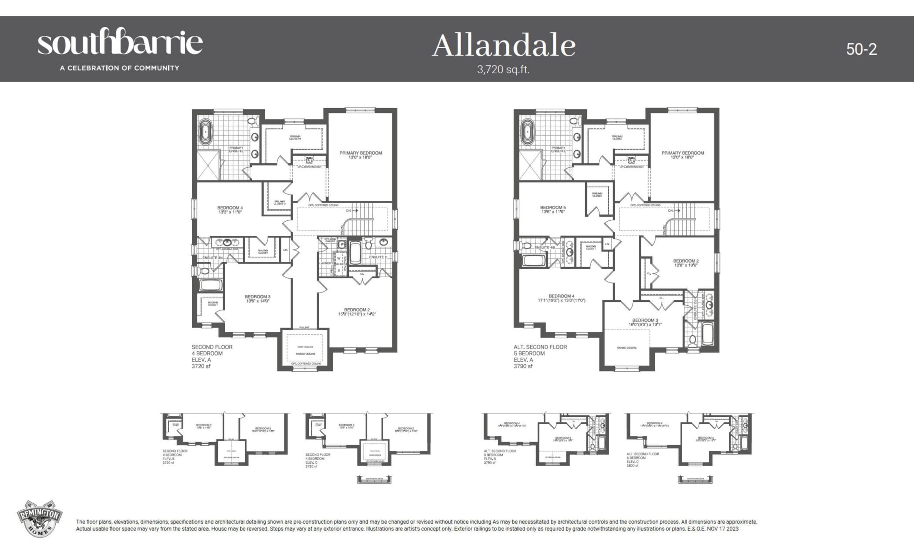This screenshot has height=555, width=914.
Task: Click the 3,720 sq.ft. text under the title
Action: pyautogui.click(x=503, y=69)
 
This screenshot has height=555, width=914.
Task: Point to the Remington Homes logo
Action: pyautogui.click(x=39, y=518)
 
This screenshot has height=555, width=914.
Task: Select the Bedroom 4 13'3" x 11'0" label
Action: pyautogui.click(x=230, y=210)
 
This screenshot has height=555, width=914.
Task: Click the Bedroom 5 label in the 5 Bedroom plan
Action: pyautogui.click(x=553, y=209)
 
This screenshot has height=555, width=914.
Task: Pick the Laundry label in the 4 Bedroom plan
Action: pyautogui.click(x=326, y=263)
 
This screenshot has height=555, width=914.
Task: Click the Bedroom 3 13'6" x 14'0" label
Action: pyautogui.click(x=257, y=299)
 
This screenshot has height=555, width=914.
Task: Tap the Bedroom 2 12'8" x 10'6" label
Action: pyautogui.click(x=685, y=262)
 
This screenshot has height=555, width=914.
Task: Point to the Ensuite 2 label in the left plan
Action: pyautogui.click(x=378, y=257)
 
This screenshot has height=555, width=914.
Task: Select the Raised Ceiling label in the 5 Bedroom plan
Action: pyautogui.click(x=627, y=347)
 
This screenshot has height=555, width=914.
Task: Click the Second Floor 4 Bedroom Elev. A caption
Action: pyautogui.click(x=212, y=356)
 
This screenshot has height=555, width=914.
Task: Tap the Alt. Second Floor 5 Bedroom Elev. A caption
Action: pyautogui.click(x=540, y=356)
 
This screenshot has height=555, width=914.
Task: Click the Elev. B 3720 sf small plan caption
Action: pyautogui.click(x=175, y=457)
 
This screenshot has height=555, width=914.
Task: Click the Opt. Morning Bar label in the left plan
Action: pyautogui.click(x=309, y=167)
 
